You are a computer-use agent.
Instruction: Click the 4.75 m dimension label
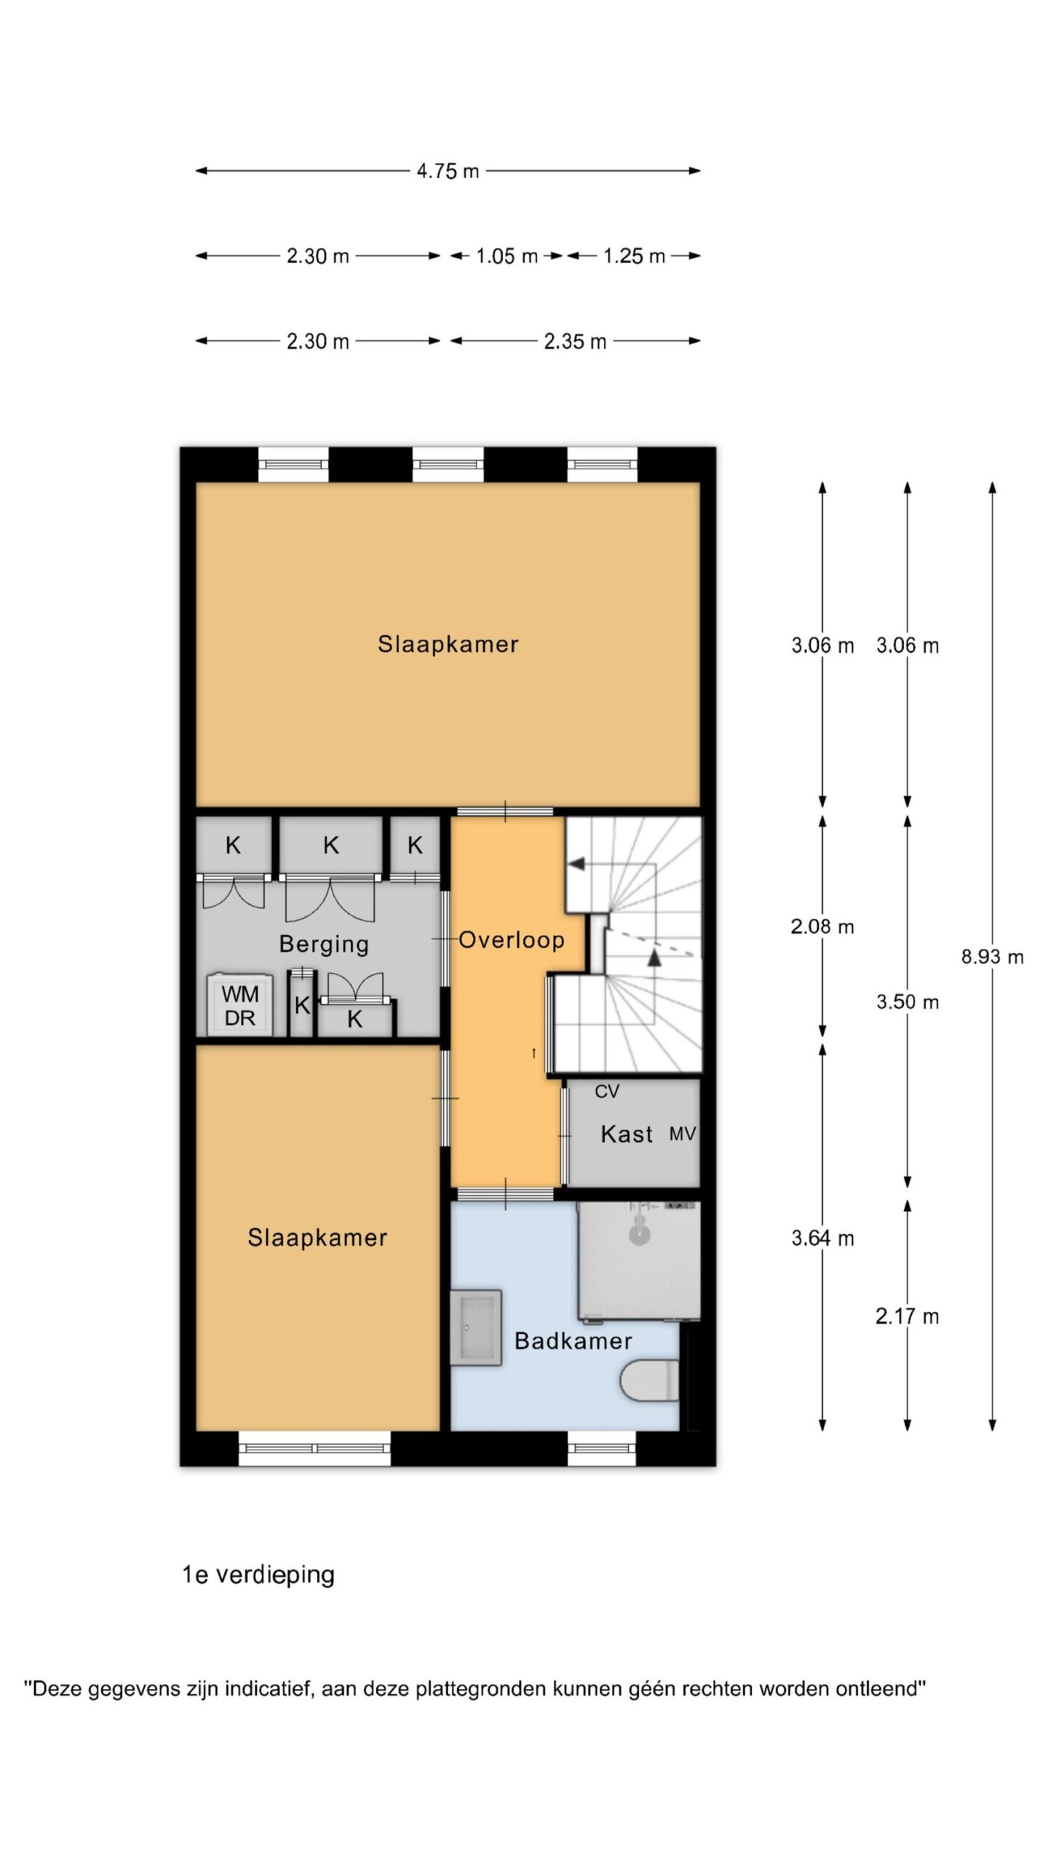point(448,171)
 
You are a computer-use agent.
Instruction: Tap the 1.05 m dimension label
point(507,256)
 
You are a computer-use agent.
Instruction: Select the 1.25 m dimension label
point(634,256)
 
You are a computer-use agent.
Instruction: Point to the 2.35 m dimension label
point(575,341)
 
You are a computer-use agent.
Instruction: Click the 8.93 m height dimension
point(992,957)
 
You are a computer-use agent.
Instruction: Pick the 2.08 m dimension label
point(822,926)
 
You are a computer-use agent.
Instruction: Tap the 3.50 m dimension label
point(908,1002)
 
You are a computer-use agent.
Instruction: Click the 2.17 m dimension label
point(908,1316)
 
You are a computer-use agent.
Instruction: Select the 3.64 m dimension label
point(822,1238)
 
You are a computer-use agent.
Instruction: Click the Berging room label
point(324,945)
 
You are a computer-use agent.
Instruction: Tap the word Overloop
point(512,940)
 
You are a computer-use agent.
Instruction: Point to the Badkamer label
point(573,1340)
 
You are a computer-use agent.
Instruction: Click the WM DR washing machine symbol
point(239,1005)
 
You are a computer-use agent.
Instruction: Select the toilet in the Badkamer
point(650,1381)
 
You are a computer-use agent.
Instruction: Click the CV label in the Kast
point(607,1092)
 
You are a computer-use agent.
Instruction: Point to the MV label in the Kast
point(683,1134)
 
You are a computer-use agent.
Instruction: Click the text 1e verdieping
point(258,1575)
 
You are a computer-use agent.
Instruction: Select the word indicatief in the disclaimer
point(269,1688)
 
